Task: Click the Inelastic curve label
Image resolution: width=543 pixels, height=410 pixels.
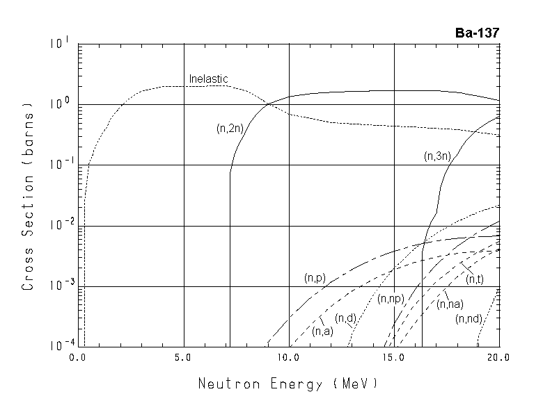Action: (x=209, y=79)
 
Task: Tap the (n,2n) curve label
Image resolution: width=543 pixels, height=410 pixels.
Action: (x=230, y=128)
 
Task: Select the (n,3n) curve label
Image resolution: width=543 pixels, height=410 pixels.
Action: (x=437, y=157)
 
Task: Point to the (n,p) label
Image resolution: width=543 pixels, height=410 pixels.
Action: (x=315, y=277)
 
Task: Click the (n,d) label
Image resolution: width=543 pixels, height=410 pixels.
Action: (x=346, y=318)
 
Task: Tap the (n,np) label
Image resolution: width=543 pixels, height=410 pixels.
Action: (x=391, y=299)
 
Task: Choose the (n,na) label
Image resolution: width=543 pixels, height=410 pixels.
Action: (x=450, y=304)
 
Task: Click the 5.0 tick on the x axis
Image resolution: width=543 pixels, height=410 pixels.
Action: (x=184, y=356)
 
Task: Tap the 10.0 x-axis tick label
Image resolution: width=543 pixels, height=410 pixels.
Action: (x=289, y=356)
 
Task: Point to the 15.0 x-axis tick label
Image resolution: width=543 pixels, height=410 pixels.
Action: (x=394, y=356)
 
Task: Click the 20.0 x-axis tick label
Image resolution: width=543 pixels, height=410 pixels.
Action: (x=498, y=356)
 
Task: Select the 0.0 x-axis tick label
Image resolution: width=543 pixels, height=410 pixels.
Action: (x=79, y=356)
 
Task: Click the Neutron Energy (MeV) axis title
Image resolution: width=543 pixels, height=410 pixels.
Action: (x=289, y=383)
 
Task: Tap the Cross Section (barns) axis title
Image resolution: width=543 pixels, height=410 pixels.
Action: (x=29, y=197)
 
